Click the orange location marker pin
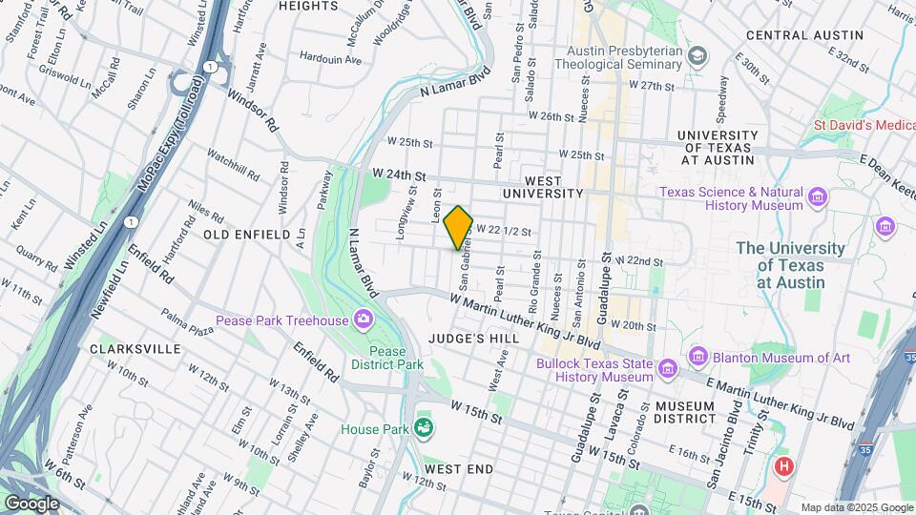(459, 227)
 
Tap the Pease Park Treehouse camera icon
(364, 319)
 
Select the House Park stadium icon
(424, 429)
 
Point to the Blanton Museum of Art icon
(697, 357)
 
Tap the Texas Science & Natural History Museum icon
(817, 198)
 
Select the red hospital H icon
(784, 466)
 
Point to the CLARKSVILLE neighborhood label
(135, 349)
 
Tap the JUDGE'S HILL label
(473, 339)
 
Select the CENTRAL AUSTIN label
(804, 35)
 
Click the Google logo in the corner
(31, 503)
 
